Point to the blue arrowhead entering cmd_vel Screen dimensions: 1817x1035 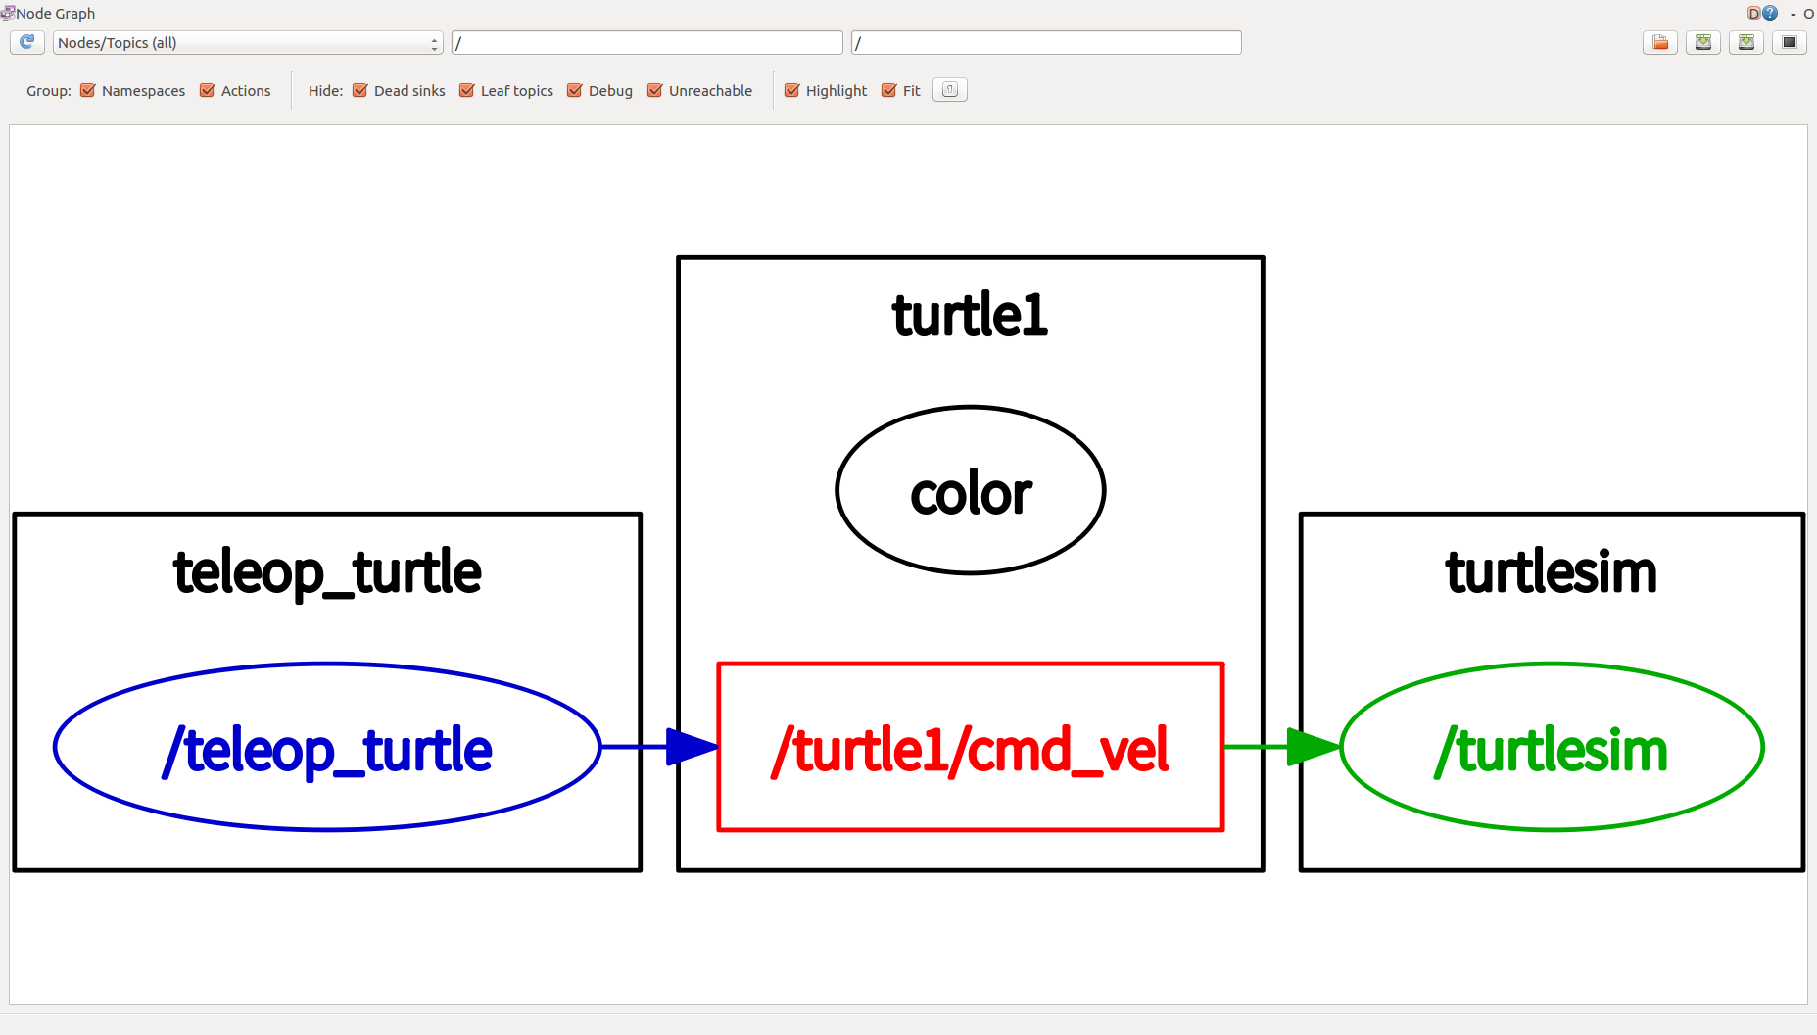(693, 747)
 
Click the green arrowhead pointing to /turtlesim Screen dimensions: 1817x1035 (1314, 747)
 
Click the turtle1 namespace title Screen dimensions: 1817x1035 (970, 315)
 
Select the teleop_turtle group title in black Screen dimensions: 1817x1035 (327, 573)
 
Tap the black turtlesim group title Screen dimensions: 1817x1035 (1552, 571)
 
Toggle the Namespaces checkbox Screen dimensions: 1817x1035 (88, 91)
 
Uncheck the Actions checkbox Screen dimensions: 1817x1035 (208, 91)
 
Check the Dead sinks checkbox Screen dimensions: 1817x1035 (360, 91)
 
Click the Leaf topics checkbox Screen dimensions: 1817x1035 (467, 91)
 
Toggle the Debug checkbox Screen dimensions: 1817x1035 (575, 91)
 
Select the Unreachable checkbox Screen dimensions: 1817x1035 (655, 91)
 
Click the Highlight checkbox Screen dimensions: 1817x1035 (792, 91)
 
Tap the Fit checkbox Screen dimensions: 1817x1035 (889, 91)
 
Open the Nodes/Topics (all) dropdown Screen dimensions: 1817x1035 (248, 43)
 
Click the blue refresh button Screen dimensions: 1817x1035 (27, 42)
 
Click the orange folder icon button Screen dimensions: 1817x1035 (1660, 42)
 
